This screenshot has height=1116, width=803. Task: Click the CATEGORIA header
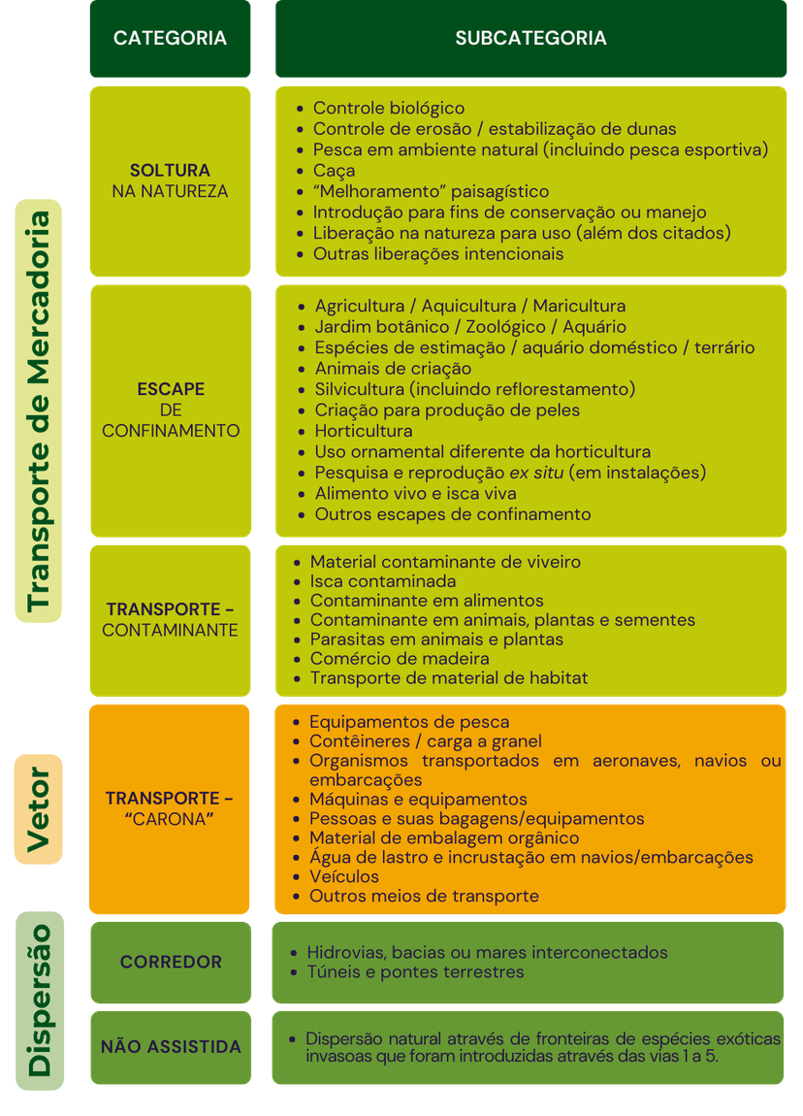(170, 39)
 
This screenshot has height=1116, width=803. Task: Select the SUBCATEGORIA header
(530, 39)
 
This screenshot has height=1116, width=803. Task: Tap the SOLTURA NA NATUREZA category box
(170, 181)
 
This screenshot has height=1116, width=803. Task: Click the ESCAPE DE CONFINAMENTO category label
(171, 410)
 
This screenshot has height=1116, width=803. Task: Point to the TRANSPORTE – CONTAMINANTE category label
(170, 620)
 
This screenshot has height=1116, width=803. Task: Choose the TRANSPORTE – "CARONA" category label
(170, 808)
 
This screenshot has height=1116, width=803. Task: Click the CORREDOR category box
(171, 963)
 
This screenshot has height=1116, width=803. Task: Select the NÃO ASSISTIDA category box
(171, 1048)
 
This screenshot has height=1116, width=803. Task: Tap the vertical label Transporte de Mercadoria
(39, 411)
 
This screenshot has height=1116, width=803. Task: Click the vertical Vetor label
(39, 809)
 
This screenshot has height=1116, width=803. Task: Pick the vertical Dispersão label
(39, 1001)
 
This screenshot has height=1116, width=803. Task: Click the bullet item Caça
(334, 171)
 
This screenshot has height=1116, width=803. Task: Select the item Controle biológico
(388, 108)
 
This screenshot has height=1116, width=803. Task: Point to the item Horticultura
(364, 431)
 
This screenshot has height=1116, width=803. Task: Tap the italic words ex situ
(536, 473)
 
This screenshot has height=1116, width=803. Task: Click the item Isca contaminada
(383, 581)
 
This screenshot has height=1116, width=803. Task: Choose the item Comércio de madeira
(400, 659)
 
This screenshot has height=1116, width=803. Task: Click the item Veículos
(344, 877)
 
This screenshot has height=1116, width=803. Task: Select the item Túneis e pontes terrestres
(415, 972)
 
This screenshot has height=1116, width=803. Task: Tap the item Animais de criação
(394, 369)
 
